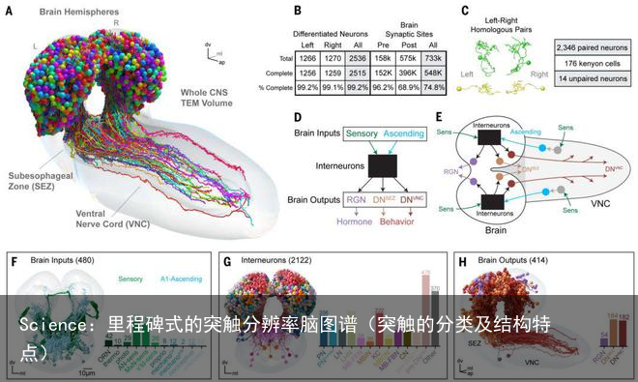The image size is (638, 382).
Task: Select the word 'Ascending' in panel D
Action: click(x=410, y=132)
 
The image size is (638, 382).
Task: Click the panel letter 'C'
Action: click(x=466, y=11)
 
